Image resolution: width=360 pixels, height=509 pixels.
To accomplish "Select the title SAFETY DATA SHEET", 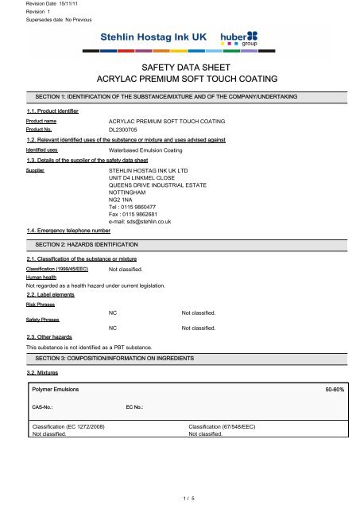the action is coord(180,68).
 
